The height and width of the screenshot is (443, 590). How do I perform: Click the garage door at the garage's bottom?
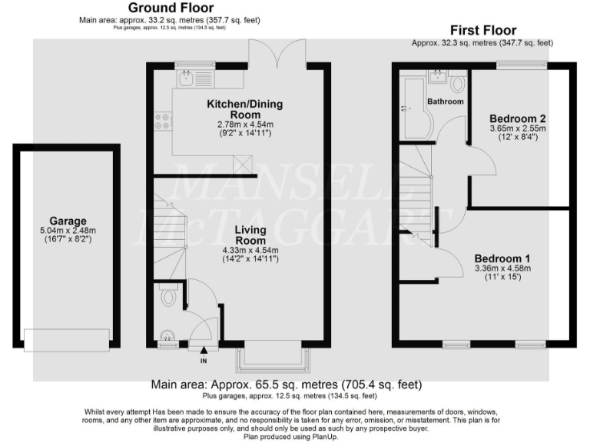click(66, 338)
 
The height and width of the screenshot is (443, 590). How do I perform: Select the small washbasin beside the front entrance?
click(167, 335)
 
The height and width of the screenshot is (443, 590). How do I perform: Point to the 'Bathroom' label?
click(446, 101)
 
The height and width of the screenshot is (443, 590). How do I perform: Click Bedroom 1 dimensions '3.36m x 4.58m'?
click(502, 268)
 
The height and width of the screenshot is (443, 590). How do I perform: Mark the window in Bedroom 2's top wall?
click(521, 66)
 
